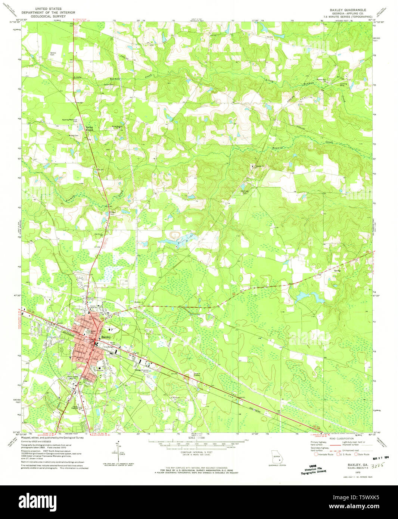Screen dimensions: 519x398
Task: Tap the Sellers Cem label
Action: pos(53,54)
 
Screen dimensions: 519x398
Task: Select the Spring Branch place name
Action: pos(89,128)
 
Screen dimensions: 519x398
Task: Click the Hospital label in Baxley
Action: pos(101,366)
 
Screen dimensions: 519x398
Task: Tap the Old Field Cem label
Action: pos(245,192)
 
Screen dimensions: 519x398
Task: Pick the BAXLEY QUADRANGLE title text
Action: pos(347,10)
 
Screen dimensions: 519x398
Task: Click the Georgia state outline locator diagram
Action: pos(277,457)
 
